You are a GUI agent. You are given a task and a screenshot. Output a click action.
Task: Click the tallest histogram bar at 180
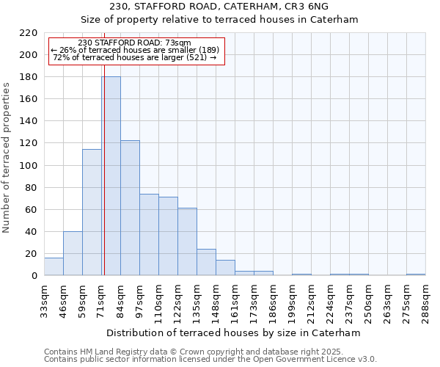click(x=111, y=176)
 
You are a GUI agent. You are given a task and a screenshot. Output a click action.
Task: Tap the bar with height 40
click(x=73, y=254)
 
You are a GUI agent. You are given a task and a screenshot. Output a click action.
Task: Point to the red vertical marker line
click(x=104, y=183)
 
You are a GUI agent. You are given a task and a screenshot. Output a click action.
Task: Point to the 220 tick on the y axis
click(x=29, y=33)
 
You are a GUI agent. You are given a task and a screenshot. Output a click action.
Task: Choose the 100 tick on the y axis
click(x=29, y=165)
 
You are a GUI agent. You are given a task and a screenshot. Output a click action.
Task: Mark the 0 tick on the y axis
click(x=34, y=276)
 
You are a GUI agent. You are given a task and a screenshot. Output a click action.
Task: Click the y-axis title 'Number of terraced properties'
click(x=7, y=158)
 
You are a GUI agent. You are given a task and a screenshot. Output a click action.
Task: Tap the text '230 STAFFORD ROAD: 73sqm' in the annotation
click(x=134, y=43)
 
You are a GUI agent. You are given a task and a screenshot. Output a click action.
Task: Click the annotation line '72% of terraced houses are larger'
click(x=134, y=57)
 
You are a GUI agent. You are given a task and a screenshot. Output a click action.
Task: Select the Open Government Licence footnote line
click(x=210, y=360)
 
